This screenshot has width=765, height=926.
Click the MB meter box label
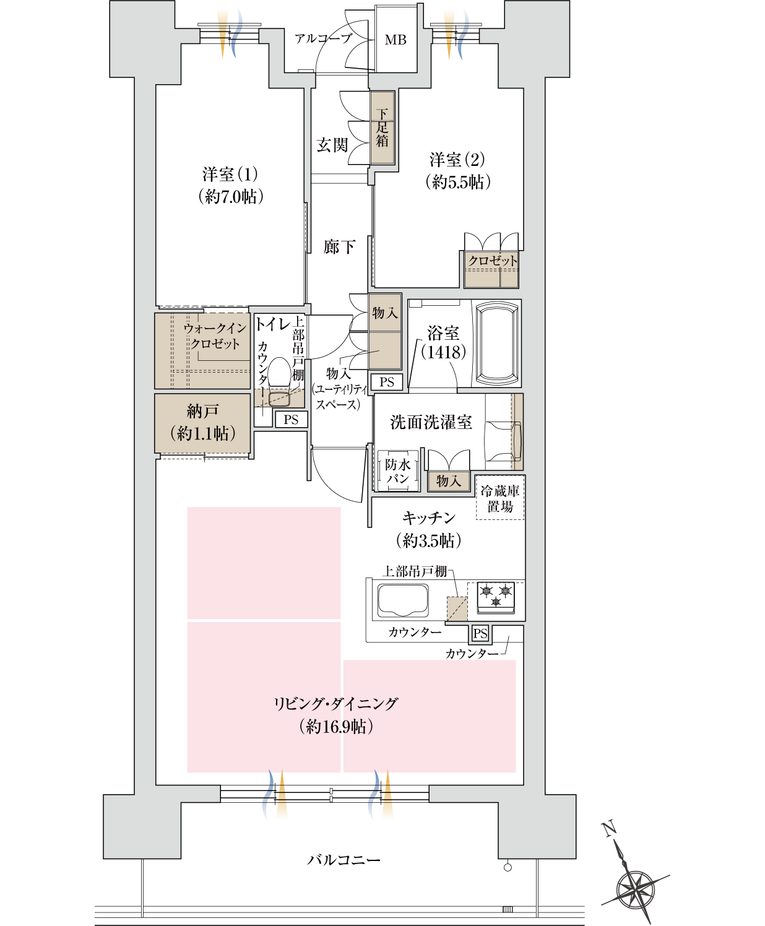(x=395, y=40)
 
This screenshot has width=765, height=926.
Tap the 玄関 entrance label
(x=332, y=145)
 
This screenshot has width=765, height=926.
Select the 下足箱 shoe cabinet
(x=382, y=128)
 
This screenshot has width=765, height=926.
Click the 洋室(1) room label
(x=230, y=175)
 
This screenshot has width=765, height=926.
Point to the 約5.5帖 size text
(x=458, y=182)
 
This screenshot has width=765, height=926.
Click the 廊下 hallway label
(x=339, y=248)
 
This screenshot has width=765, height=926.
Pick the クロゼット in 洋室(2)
(x=491, y=269)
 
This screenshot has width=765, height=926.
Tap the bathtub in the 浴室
(x=496, y=344)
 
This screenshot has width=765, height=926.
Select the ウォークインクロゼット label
(x=214, y=335)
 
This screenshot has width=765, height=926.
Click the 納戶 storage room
(x=202, y=423)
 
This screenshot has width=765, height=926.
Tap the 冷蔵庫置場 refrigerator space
(x=500, y=498)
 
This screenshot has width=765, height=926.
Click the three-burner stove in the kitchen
(x=496, y=597)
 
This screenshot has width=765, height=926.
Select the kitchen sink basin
(x=403, y=600)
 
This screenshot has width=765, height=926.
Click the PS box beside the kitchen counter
(x=480, y=633)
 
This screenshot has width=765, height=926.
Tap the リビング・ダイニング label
(x=335, y=704)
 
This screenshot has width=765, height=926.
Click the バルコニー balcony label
(x=344, y=860)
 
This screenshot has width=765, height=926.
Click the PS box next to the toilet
(x=291, y=420)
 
